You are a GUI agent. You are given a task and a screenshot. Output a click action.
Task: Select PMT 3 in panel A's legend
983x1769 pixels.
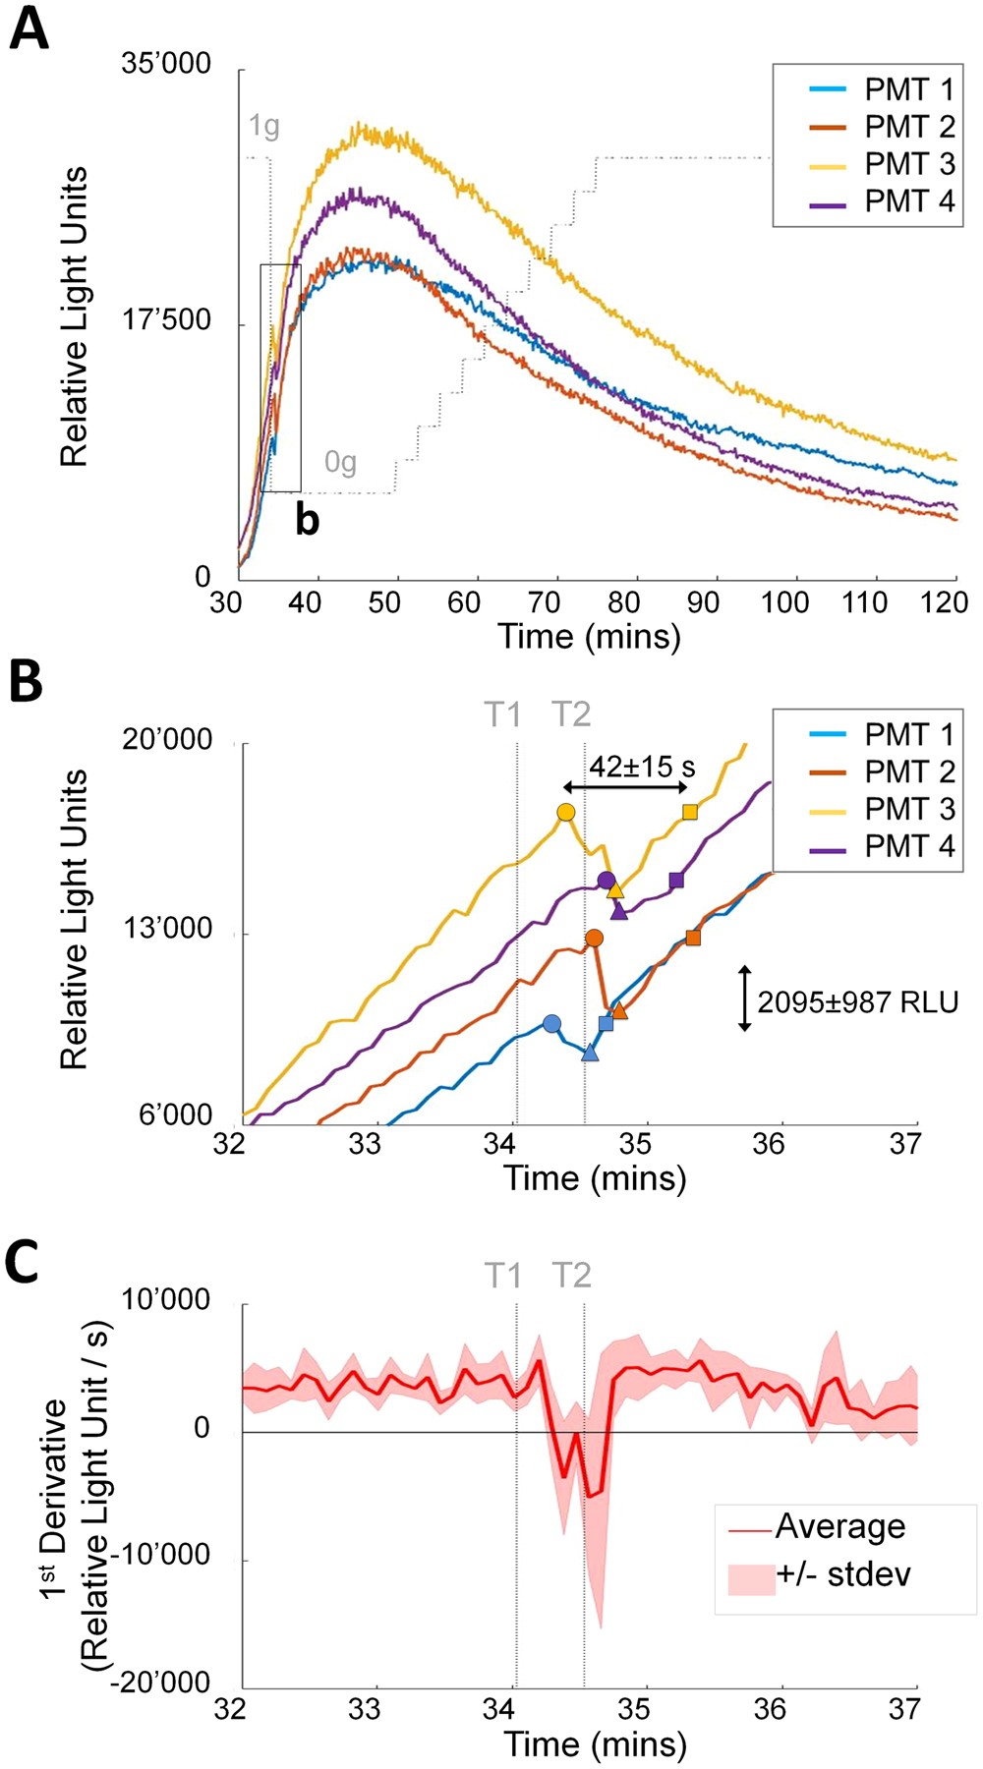click(x=908, y=163)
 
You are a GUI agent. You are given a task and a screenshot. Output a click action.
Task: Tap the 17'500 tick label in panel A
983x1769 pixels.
click(x=166, y=321)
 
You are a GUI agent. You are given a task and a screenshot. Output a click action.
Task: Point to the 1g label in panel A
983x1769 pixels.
click(x=263, y=126)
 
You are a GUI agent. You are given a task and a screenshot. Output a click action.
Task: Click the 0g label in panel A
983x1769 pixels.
click(x=340, y=461)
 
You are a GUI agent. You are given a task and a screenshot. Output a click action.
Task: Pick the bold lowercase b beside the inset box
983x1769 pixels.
click(x=308, y=520)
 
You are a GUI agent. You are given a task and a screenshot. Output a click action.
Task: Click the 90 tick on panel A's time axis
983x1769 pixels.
click(x=702, y=601)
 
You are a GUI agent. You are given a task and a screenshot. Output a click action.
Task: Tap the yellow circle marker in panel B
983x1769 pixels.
click(x=565, y=812)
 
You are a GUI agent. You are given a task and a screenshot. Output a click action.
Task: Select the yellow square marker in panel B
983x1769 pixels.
click(x=690, y=812)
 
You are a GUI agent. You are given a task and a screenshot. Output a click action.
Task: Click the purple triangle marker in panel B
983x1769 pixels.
click(x=619, y=911)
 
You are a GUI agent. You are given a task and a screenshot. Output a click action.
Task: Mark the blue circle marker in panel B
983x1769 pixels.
click(x=552, y=1023)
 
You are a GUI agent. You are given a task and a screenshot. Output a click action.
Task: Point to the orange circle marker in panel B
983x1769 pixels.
click(x=594, y=939)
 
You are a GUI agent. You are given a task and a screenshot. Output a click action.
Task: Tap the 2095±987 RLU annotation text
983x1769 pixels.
click(x=857, y=1001)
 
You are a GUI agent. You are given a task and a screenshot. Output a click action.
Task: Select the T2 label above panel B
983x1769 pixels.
click(x=571, y=713)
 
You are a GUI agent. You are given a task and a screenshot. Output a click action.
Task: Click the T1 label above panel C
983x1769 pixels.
click(x=502, y=1275)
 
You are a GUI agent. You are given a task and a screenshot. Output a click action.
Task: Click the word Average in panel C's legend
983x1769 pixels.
click(x=839, y=1526)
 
